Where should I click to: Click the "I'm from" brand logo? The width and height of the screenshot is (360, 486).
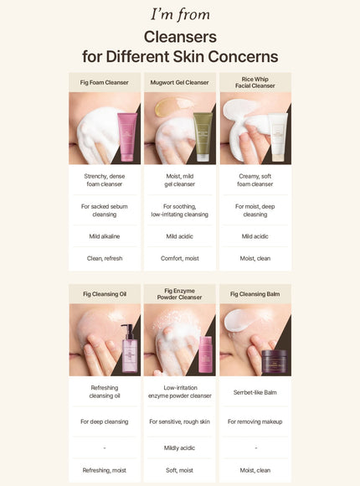point(180,14)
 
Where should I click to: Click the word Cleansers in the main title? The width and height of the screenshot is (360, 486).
point(180,37)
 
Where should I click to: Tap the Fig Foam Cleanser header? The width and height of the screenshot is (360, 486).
point(105,82)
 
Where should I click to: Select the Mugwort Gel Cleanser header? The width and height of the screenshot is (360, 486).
point(180,82)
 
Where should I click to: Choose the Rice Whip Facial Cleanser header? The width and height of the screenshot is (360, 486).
point(255,82)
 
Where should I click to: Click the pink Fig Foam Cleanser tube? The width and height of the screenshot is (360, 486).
point(127,136)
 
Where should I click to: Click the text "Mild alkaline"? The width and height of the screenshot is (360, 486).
point(105,236)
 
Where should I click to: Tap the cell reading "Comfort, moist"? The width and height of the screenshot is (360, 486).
point(180,258)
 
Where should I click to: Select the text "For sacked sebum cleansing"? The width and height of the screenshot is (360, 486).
point(105,209)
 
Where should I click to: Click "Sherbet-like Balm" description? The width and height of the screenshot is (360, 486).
point(255,391)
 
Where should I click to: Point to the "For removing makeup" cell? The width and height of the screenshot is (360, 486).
point(255,421)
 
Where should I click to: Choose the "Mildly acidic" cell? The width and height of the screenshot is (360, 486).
point(180,447)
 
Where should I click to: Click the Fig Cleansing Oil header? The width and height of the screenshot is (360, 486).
point(105,294)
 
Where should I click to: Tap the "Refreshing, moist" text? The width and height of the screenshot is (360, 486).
point(105,470)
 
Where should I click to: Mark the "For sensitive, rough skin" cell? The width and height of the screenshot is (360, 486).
point(180,421)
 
